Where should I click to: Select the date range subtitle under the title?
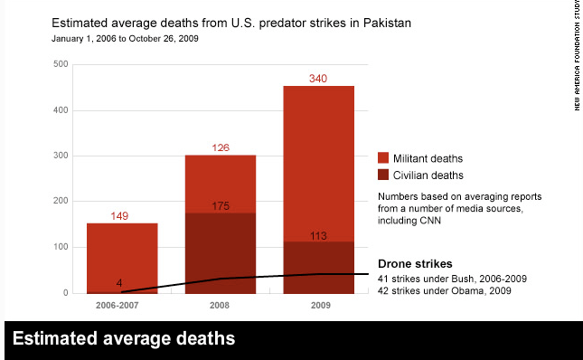point(124,39)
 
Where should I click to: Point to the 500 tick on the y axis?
point(61,64)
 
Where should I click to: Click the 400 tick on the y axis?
point(61,110)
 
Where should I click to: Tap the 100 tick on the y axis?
point(61,247)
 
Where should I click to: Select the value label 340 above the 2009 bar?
point(317,79)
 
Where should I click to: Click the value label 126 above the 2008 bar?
point(220,148)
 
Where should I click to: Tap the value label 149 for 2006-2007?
point(122,216)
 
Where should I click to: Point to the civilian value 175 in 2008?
point(220,206)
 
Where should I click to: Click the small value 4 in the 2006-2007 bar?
point(120,283)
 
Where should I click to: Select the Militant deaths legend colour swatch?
point(383,157)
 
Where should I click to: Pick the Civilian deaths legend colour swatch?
point(383,175)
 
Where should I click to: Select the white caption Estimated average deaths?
point(124,339)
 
